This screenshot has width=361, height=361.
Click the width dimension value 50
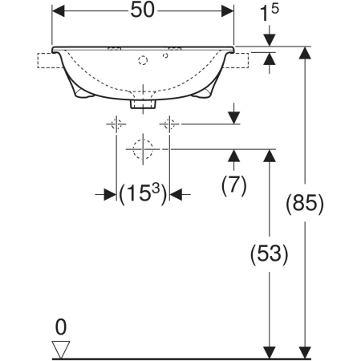(142, 10)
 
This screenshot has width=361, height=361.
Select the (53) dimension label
(270, 254)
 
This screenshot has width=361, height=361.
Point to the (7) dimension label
(234, 185)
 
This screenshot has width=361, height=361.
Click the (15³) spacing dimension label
(143, 193)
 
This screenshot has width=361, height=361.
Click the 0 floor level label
(61, 327)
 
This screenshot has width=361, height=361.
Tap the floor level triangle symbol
(61, 349)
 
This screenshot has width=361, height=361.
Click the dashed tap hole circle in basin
(143, 60)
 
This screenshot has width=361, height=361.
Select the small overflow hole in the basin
(165, 55)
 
